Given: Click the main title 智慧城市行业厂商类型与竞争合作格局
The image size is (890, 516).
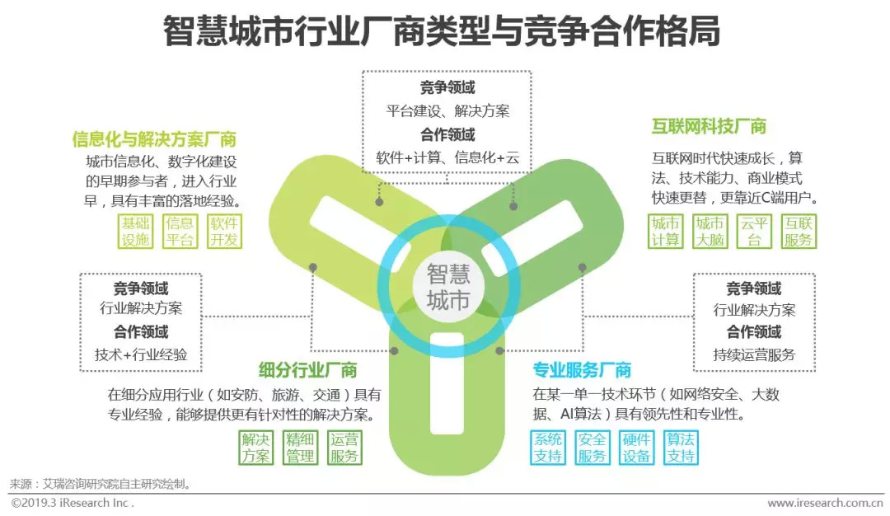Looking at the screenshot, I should click(x=442, y=33).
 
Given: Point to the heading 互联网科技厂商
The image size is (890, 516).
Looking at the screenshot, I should click(x=709, y=126).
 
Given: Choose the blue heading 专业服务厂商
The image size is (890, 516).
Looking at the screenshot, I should click(x=582, y=370).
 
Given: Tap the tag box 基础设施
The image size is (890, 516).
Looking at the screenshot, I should click(x=136, y=232).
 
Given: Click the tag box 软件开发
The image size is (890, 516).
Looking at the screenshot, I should click(x=223, y=232).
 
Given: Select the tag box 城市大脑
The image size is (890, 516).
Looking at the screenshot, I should click(x=710, y=232).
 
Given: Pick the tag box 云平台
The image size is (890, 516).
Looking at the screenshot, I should click(x=753, y=232).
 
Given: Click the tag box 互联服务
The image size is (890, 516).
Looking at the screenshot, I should click(x=798, y=232).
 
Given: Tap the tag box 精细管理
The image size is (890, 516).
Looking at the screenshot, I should click(x=299, y=448).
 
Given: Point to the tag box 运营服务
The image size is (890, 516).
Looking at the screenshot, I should click(x=344, y=448).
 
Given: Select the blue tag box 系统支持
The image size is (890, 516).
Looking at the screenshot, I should click(x=548, y=448).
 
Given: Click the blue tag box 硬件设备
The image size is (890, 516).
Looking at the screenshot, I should click(x=636, y=448).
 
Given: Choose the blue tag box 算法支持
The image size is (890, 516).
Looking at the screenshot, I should click(x=680, y=448).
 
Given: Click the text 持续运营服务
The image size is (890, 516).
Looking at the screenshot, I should click(x=754, y=355).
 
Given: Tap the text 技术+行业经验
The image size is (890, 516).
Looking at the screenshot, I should click(x=141, y=355).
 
